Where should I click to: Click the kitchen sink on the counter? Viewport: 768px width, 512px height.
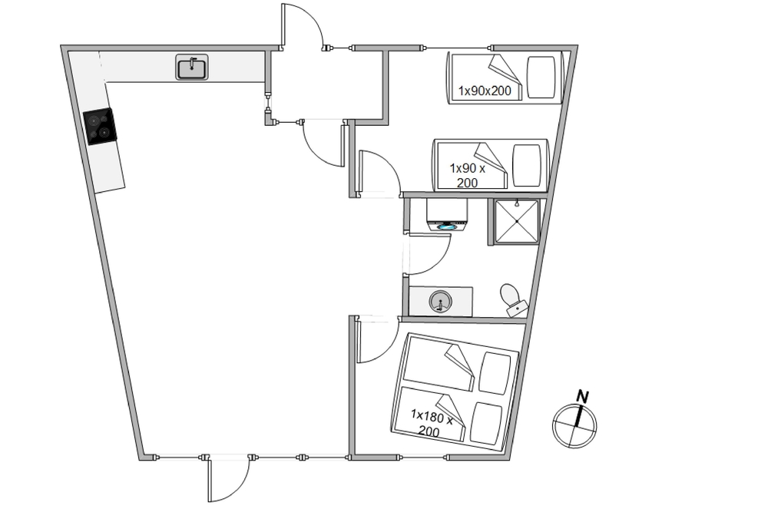[192, 67]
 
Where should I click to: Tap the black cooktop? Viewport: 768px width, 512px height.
[100, 127]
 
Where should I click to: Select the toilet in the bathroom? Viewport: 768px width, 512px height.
[513, 300]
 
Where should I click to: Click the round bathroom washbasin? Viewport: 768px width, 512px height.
[440, 301]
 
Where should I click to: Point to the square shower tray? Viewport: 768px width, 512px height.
[517, 221]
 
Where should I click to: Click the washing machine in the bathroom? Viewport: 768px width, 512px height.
[446, 214]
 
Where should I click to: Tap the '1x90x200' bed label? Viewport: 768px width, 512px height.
[485, 91]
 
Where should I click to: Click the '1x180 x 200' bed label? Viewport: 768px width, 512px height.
[431, 424]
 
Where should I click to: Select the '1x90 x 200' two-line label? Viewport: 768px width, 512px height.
[467, 175]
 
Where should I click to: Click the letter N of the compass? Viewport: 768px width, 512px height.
[582, 397]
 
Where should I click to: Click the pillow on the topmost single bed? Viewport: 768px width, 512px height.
[541, 77]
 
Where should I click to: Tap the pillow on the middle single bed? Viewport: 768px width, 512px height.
[527, 166]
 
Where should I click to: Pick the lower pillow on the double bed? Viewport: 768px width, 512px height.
[486, 424]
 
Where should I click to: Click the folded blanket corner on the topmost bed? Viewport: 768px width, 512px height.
[505, 70]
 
